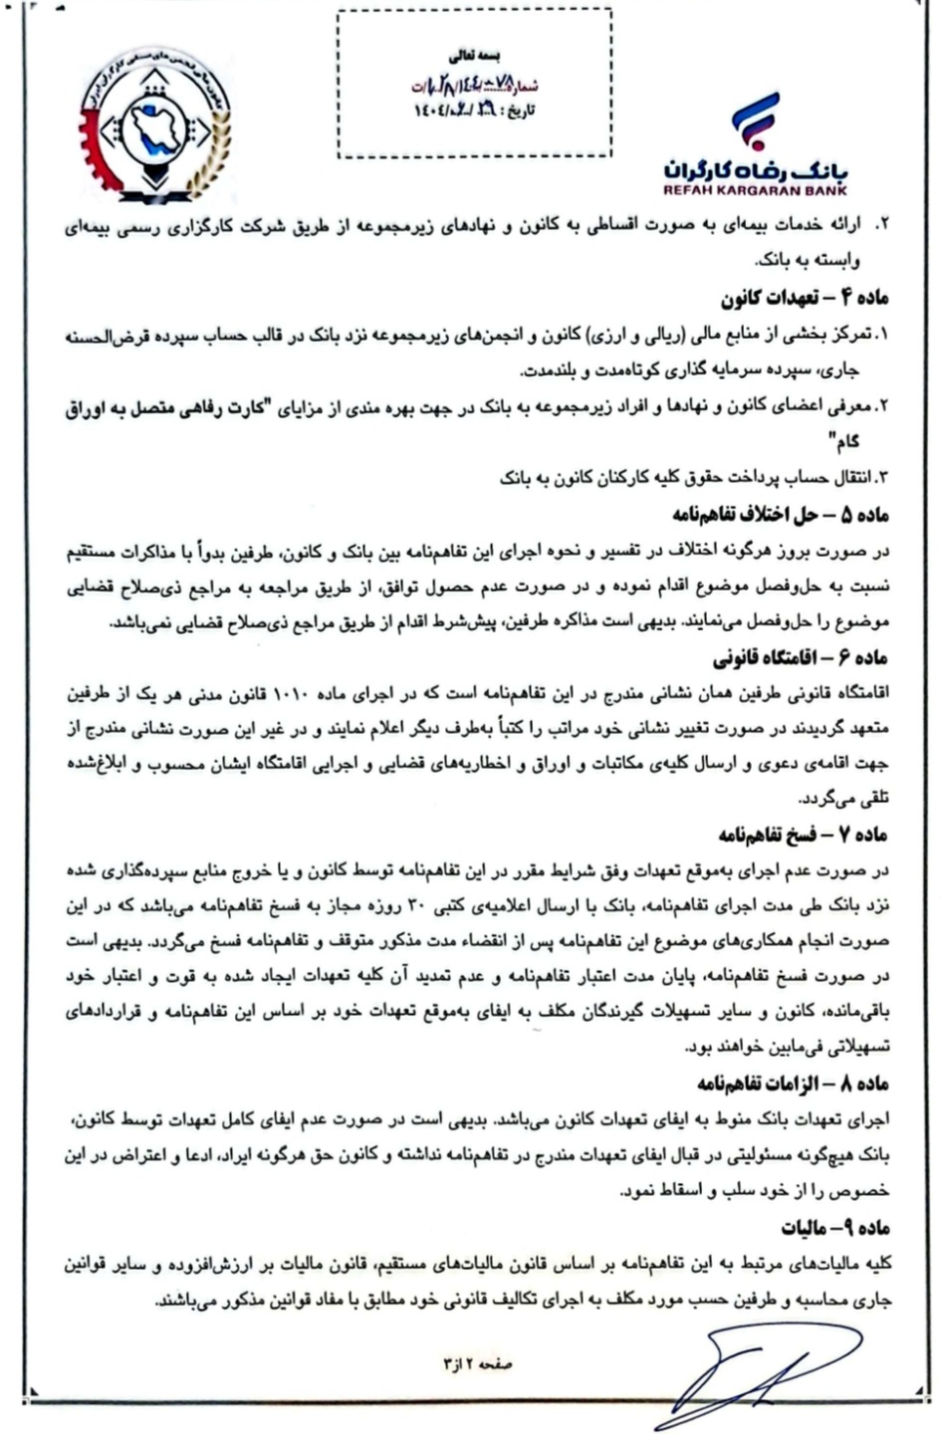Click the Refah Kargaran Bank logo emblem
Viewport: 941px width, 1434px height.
[x=756, y=119]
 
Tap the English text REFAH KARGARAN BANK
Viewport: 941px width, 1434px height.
[x=755, y=188]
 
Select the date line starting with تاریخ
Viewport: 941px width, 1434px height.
[x=476, y=109]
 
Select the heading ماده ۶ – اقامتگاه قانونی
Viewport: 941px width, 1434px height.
[x=800, y=659]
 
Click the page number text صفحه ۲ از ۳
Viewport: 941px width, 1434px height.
[x=477, y=1364]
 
